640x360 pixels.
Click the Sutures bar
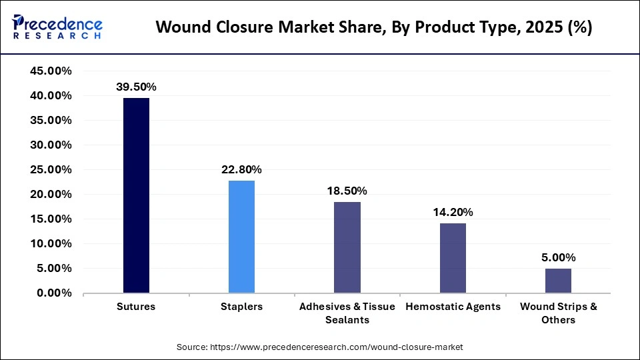click(x=136, y=195)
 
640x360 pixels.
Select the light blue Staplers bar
click(x=241, y=237)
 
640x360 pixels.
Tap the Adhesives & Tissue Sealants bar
click(x=347, y=247)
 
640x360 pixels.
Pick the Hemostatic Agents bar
click(x=453, y=258)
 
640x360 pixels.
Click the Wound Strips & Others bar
click(x=558, y=281)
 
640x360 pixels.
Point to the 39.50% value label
click(x=136, y=87)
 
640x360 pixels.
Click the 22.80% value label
click(x=241, y=169)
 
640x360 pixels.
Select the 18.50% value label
click(x=347, y=191)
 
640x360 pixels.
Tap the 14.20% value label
click(x=453, y=212)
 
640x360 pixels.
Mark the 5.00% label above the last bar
click(x=558, y=257)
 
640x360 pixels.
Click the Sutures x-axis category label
click(x=136, y=307)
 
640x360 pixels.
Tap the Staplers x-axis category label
click(x=241, y=307)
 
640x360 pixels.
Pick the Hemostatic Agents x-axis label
click(x=453, y=307)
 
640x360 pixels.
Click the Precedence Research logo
click(x=57, y=27)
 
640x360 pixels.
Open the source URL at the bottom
click(x=320, y=347)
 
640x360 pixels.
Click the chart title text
click(x=373, y=28)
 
